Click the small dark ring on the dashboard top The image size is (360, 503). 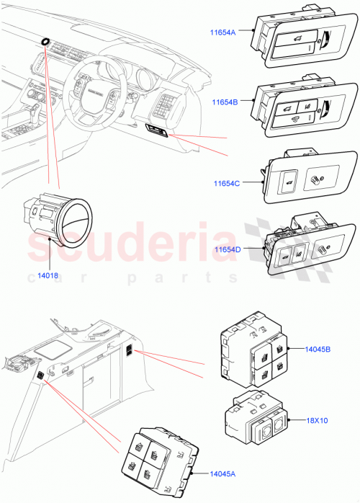pos(46,42)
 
